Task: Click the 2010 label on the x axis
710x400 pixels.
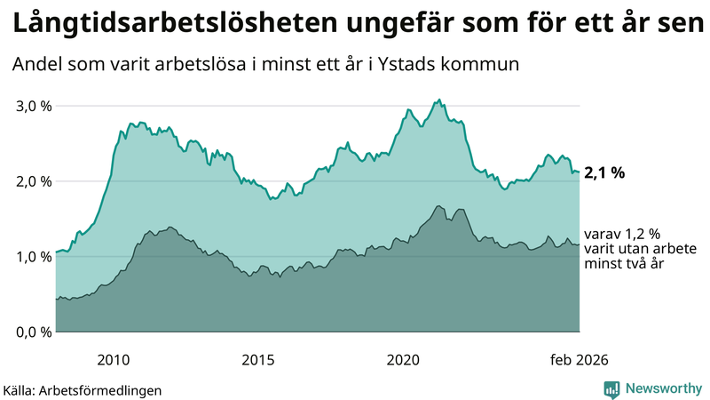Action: pyautogui.click(x=114, y=359)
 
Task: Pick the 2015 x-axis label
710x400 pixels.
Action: pyautogui.click(x=258, y=359)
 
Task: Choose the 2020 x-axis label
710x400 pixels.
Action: pyautogui.click(x=403, y=359)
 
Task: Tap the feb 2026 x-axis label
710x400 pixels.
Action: pyautogui.click(x=579, y=359)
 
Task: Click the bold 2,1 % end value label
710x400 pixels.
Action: pyautogui.click(x=604, y=172)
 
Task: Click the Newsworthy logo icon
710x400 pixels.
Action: pyautogui.click(x=611, y=388)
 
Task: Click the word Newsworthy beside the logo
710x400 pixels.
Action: pyautogui.click(x=664, y=388)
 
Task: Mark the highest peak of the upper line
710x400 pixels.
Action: pyautogui.click(x=440, y=100)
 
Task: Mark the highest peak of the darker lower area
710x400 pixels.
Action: pyautogui.click(x=438, y=206)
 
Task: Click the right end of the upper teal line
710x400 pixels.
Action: pyautogui.click(x=580, y=172)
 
